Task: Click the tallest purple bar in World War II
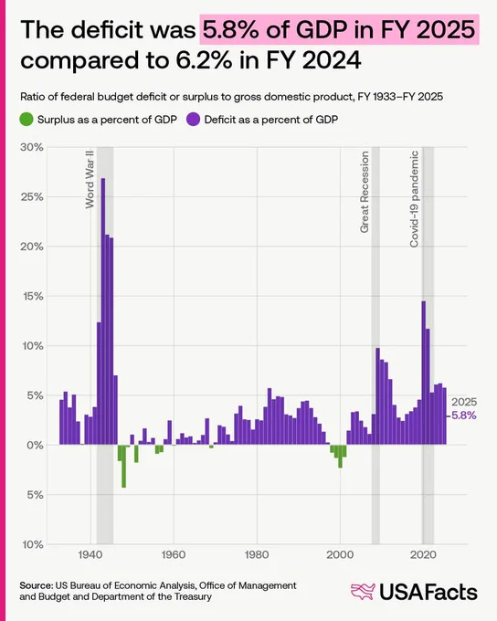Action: click(x=103, y=311)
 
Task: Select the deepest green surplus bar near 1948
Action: click(x=123, y=466)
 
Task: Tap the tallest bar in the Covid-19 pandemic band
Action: click(x=423, y=373)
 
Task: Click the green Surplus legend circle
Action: click(x=26, y=120)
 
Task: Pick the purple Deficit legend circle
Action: click(x=193, y=120)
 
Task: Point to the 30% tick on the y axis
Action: click(x=32, y=147)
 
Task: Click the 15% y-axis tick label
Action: click(x=32, y=296)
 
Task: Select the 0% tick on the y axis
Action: click(x=35, y=445)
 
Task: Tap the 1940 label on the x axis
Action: click(x=90, y=554)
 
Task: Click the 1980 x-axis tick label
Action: click(x=257, y=554)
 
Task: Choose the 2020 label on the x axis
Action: click(x=423, y=554)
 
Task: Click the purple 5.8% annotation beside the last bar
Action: click(x=464, y=416)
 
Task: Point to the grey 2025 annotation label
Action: click(x=464, y=402)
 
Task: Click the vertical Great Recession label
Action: click(x=365, y=192)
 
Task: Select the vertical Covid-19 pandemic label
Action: click(x=414, y=199)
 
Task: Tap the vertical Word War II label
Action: click(x=90, y=179)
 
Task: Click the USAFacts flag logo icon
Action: click(x=363, y=592)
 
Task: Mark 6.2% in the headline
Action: click(x=206, y=60)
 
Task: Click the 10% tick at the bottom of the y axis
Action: click(x=33, y=544)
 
